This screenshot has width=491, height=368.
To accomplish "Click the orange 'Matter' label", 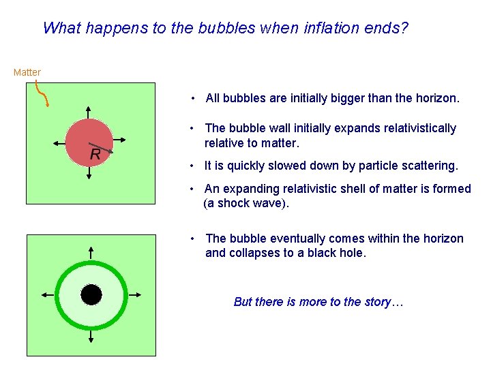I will [x=27, y=72].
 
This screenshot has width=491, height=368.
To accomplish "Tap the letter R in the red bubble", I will [x=95, y=155].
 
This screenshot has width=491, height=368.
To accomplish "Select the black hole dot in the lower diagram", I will [x=91, y=294].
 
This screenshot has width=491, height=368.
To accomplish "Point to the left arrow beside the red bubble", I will [x=59, y=144].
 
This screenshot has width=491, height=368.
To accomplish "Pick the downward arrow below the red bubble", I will [x=89, y=173].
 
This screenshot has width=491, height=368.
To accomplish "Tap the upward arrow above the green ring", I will [x=91, y=253].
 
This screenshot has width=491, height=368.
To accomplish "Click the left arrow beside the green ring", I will [x=47, y=294].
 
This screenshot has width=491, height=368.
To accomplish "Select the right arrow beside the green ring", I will [x=134, y=294].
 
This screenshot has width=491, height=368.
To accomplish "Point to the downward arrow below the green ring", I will [x=91, y=337].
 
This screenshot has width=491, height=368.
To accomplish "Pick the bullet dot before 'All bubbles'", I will [x=194, y=98].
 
